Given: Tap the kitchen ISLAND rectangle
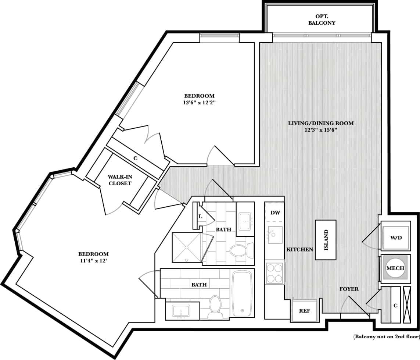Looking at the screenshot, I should [326, 240].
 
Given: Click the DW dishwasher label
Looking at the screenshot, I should [274, 213].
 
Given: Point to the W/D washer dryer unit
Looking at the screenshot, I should [396, 238].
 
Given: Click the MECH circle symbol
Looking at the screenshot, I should [395, 268].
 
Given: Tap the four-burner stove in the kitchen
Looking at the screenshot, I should [274, 272].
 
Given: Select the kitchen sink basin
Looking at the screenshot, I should [275, 235].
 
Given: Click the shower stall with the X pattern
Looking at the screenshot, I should [187, 248].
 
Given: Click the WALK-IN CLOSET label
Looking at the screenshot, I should [120, 180].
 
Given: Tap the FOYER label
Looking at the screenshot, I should [349, 289].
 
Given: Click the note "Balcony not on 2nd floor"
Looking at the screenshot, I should [386, 336].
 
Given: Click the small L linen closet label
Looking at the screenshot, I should [200, 217].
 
